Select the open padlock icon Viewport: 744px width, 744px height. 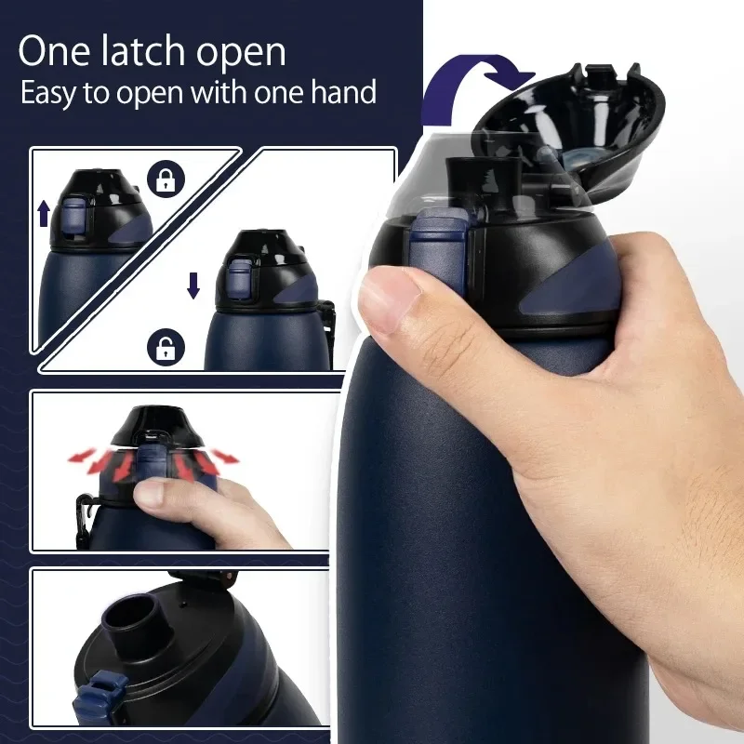click(x=166, y=351)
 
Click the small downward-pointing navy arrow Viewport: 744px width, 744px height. click(x=193, y=284)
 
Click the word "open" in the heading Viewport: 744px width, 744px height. click(x=239, y=52)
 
